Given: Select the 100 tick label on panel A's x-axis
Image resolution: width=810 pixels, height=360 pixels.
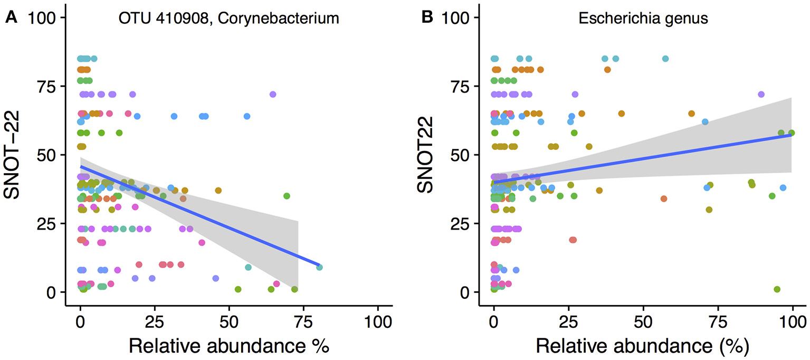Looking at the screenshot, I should [x=378, y=320].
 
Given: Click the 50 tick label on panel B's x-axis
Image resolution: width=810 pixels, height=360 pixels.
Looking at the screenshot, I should [x=643, y=320].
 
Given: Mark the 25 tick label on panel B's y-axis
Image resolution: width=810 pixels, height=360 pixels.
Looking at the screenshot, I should [x=463, y=223].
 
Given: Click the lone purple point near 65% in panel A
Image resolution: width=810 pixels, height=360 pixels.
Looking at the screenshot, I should [x=273, y=94].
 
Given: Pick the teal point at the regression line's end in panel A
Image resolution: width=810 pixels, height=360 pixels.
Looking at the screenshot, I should [x=319, y=268].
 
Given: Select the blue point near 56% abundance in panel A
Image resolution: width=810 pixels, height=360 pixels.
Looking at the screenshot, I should [x=246, y=116].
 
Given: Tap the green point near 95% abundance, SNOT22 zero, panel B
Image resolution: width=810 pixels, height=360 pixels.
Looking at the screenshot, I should [x=777, y=289].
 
